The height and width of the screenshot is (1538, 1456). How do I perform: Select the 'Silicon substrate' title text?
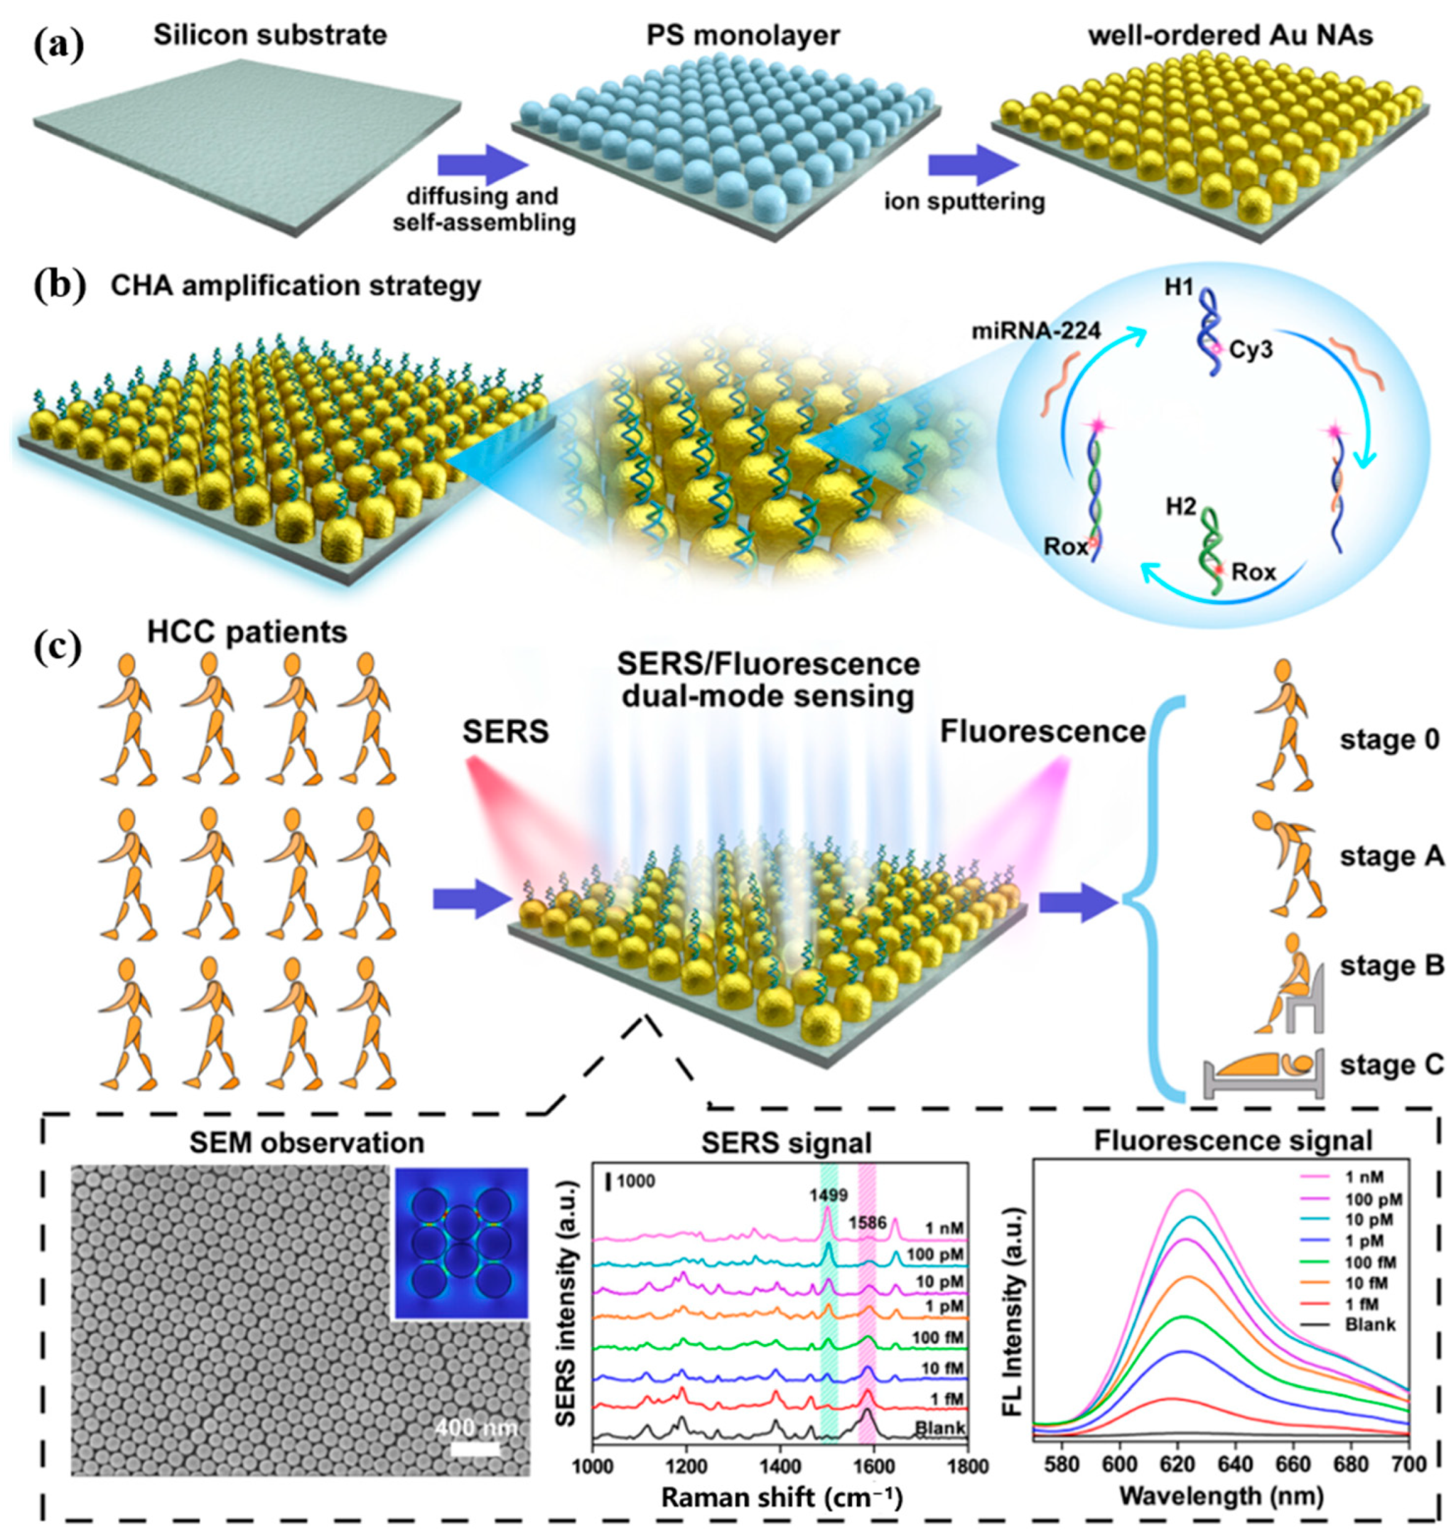(270, 36)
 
